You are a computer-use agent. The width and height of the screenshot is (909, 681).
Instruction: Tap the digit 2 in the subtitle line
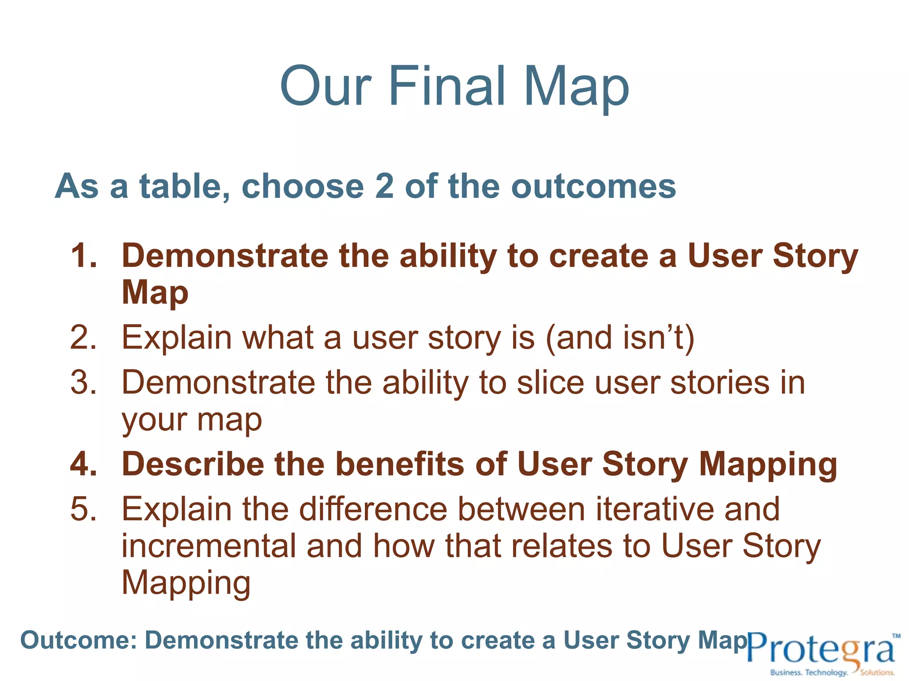(x=384, y=186)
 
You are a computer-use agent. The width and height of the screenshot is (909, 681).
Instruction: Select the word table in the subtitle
(x=185, y=186)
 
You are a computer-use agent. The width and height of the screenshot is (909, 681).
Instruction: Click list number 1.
(x=83, y=256)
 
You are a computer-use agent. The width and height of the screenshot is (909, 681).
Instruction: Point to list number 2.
(x=83, y=338)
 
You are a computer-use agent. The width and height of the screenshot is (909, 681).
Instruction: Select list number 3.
(x=83, y=383)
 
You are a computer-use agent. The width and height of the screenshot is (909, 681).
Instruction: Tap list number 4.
(x=83, y=464)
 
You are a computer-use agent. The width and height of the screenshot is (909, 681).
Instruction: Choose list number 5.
(x=83, y=509)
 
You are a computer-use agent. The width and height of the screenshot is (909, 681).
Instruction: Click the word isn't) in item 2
(x=659, y=338)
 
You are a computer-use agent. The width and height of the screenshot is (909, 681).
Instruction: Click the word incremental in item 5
(x=209, y=546)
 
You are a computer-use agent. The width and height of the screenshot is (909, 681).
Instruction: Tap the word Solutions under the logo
(x=877, y=673)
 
